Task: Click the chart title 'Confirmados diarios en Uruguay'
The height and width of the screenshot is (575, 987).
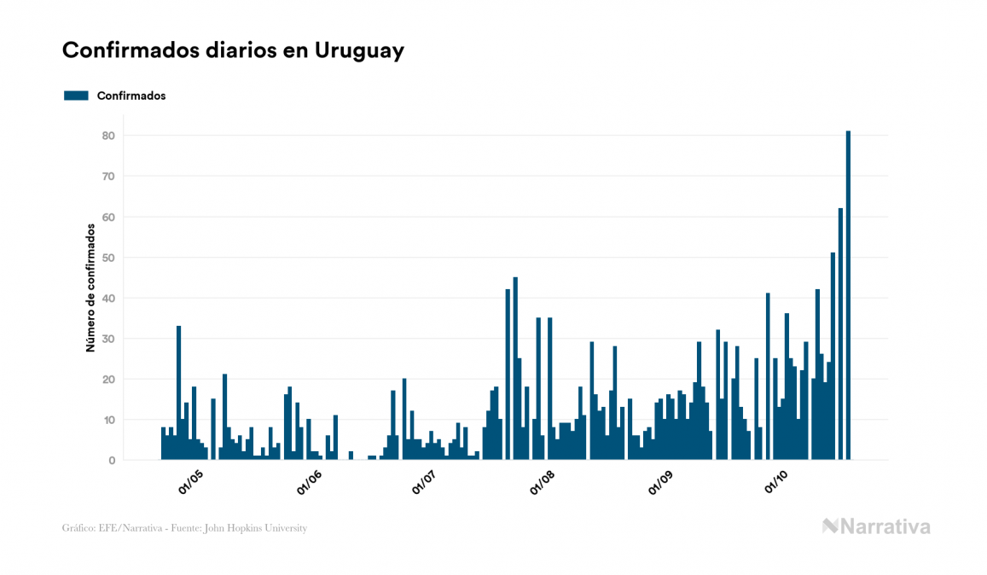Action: (233, 50)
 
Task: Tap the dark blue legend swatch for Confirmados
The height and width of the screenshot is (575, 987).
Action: (76, 96)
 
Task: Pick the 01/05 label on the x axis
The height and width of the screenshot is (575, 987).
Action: (190, 482)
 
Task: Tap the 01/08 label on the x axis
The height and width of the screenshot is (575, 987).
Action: (543, 482)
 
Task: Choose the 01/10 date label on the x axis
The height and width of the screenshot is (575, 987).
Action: (776, 482)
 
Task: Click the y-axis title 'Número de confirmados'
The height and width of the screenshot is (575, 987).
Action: (90, 287)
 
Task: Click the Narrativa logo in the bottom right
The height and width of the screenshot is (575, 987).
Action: (876, 526)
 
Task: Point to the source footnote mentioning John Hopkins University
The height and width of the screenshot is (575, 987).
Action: (184, 528)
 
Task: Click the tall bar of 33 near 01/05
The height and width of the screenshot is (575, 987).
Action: (178, 392)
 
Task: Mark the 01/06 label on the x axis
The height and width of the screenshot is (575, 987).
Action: (309, 482)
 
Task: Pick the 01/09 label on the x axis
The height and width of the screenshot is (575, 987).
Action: (660, 482)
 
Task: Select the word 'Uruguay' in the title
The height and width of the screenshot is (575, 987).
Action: (359, 50)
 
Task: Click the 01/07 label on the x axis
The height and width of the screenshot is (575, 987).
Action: (424, 482)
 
